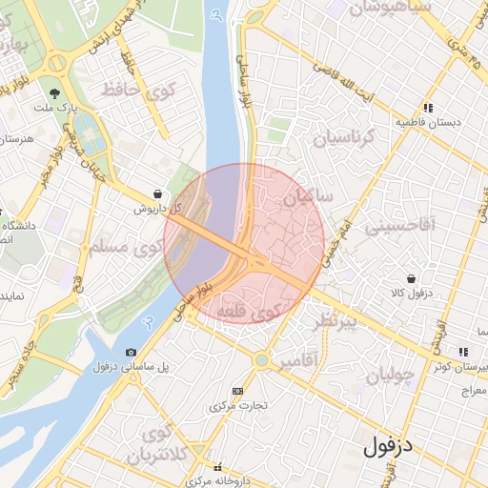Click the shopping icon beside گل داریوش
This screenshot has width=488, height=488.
point(156,193)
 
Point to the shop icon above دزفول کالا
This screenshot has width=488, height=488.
point(411,279)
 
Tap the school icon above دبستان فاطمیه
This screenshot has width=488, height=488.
point(429,109)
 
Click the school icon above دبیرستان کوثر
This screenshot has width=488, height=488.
point(462,352)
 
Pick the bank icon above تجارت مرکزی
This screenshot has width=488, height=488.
point(237,391)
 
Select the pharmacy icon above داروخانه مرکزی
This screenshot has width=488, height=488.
point(219,468)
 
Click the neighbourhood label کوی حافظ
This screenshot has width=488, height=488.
point(141,91)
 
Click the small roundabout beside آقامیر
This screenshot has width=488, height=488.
point(261,360)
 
